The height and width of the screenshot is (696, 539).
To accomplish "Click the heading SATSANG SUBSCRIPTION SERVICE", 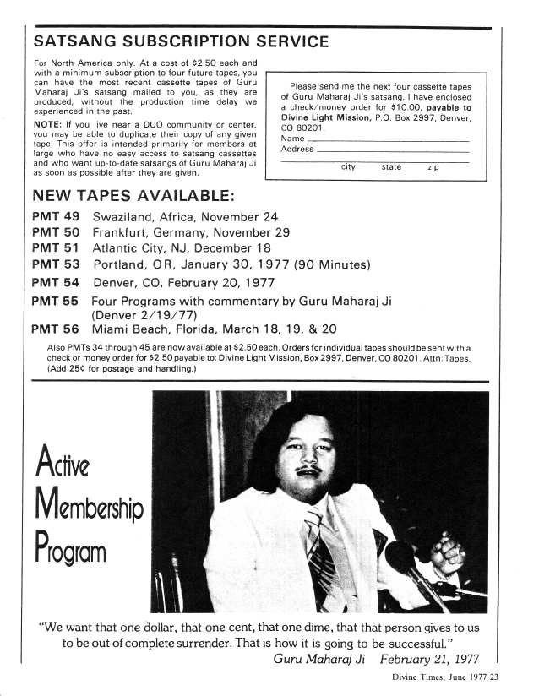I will (181, 41).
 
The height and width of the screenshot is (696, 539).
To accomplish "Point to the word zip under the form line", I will (433, 167).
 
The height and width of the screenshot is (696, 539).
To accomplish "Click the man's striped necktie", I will (321, 541).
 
